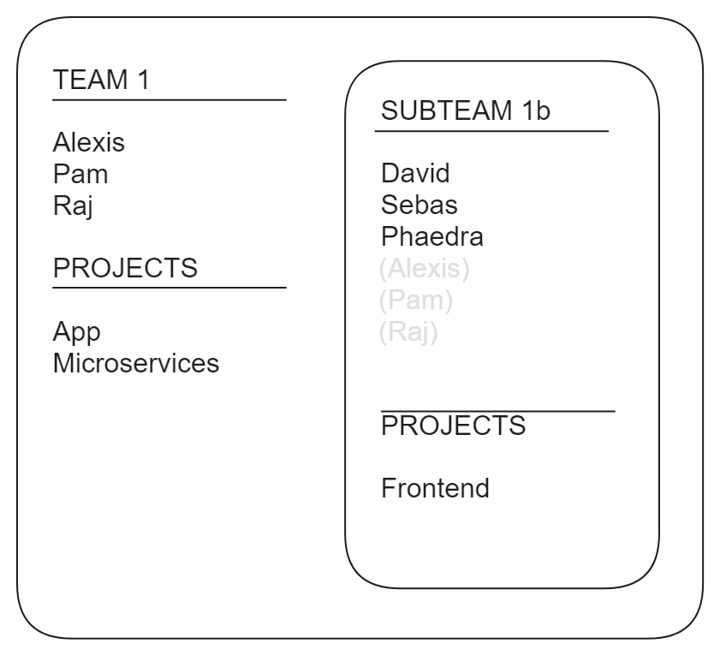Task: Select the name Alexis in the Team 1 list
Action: [x=89, y=142]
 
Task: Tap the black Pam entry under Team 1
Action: [x=80, y=175]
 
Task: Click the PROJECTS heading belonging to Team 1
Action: [x=125, y=268]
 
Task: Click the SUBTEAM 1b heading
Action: [x=466, y=112]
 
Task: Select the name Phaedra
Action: [x=432, y=237]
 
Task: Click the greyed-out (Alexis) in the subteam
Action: [x=424, y=270]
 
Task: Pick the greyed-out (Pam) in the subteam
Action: [x=415, y=301]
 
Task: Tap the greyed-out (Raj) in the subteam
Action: [x=408, y=332]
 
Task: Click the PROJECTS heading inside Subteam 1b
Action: [x=454, y=425]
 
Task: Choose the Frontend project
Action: [x=436, y=489]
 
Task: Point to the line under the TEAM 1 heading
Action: [x=169, y=100]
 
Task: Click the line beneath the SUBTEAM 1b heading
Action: [x=491, y=132]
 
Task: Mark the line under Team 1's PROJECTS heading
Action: [x=169, y=288]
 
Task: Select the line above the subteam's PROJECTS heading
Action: [x=498, y=412]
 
